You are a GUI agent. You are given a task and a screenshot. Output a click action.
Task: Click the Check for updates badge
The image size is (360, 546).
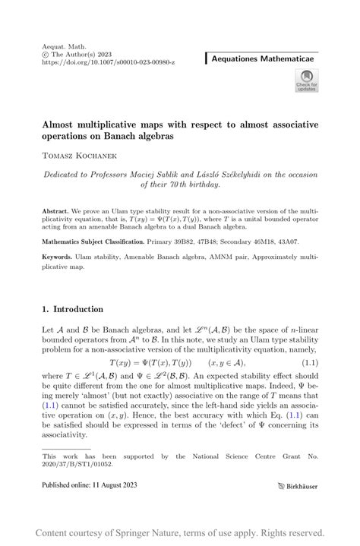(x=306, y=80)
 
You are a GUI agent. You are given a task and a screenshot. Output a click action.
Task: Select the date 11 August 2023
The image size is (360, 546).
(x=125, y=484)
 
